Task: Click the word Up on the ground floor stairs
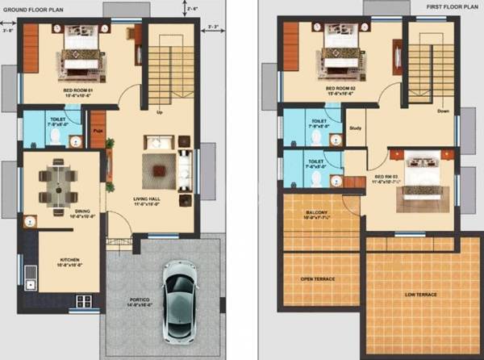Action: [161, 112]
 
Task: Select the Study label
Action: [356, 128]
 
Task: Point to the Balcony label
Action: [316, 215]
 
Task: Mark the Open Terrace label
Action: [318, 280]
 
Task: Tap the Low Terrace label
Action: [419, 295]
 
